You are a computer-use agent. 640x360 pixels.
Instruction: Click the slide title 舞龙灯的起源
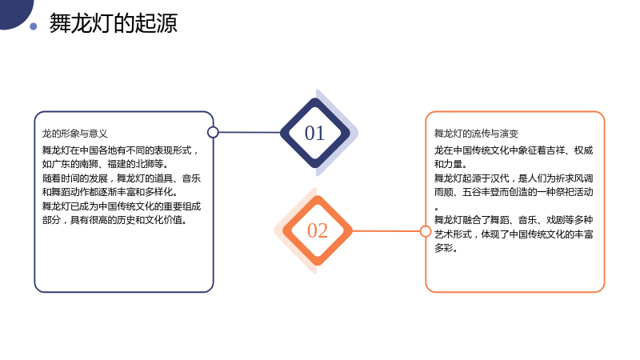coord(114,23)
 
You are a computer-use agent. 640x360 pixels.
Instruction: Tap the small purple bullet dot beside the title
coord(34,26)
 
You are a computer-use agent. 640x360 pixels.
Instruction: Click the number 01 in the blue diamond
coord(314,133)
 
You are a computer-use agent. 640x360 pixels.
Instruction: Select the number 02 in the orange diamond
coord(318,230)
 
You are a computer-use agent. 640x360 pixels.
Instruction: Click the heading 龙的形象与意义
coord(75,134)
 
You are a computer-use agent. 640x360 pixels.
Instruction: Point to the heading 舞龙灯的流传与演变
coord(476,134)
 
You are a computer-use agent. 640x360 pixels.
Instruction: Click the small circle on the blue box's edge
coord(213,132)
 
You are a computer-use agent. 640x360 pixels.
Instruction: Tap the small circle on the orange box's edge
coord(426,231)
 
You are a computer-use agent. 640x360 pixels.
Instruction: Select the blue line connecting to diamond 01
coord(250,132)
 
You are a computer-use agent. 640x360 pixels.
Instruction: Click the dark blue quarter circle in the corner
coord(14,12)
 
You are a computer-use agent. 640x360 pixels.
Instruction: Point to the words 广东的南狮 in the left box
coord(74,164)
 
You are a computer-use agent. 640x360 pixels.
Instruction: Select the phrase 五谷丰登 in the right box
coord(481,192)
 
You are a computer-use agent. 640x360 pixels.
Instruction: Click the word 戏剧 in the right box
coord(556,220)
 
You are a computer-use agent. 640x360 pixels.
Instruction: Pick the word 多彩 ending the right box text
coord(444,248)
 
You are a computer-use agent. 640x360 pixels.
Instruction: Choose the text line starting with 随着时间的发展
coord(122,178)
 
